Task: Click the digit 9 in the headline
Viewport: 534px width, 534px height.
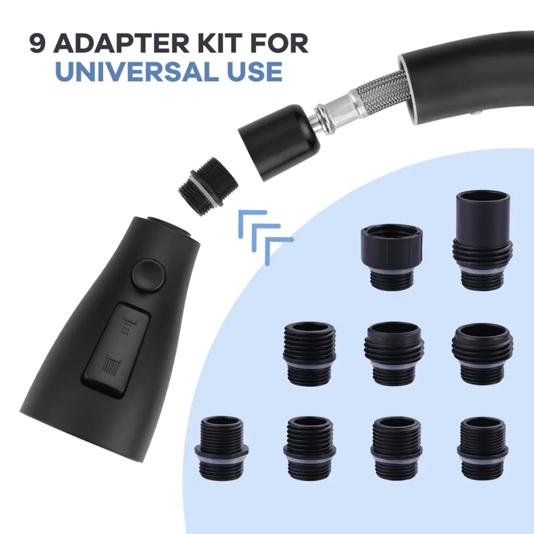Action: (38, 43)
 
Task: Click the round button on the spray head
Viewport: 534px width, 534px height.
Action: (149, 275)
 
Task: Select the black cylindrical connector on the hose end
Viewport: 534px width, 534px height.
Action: (280, 143)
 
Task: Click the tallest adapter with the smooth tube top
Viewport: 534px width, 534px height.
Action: (482, 241)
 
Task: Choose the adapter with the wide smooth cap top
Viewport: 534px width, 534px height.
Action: (392, 257)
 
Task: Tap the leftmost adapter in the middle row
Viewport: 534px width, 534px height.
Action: (309, 354)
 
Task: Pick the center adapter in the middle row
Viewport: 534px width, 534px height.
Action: (394, 353)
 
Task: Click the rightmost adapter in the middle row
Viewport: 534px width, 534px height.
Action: (482, 354)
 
